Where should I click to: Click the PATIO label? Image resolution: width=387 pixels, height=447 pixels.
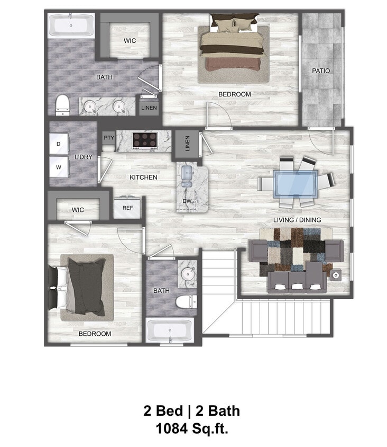(x=321, y=70)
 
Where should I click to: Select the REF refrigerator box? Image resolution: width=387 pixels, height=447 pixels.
(x=127, y=208)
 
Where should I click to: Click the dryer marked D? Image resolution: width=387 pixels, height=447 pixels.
(x=58, y=144)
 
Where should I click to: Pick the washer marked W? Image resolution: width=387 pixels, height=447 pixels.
(x=58, y=167)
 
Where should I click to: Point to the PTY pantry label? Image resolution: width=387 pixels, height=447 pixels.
(x=109, y=138)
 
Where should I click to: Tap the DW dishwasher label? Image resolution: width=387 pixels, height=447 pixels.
(x=187, y=202)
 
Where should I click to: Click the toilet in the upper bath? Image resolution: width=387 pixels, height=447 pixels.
(x=62, y=104)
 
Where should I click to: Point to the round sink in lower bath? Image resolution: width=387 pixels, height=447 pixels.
(x=187, y=274)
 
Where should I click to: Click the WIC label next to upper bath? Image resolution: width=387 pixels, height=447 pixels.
(x=131, y=41)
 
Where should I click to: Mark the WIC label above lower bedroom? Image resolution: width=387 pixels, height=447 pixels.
(x=78, y=210)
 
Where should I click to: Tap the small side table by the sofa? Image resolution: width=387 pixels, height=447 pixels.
(x=336, y=275)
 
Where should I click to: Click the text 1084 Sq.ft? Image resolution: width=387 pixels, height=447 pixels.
(x=191, y=427)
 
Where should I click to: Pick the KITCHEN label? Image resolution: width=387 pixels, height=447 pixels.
(x=143, y=177)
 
